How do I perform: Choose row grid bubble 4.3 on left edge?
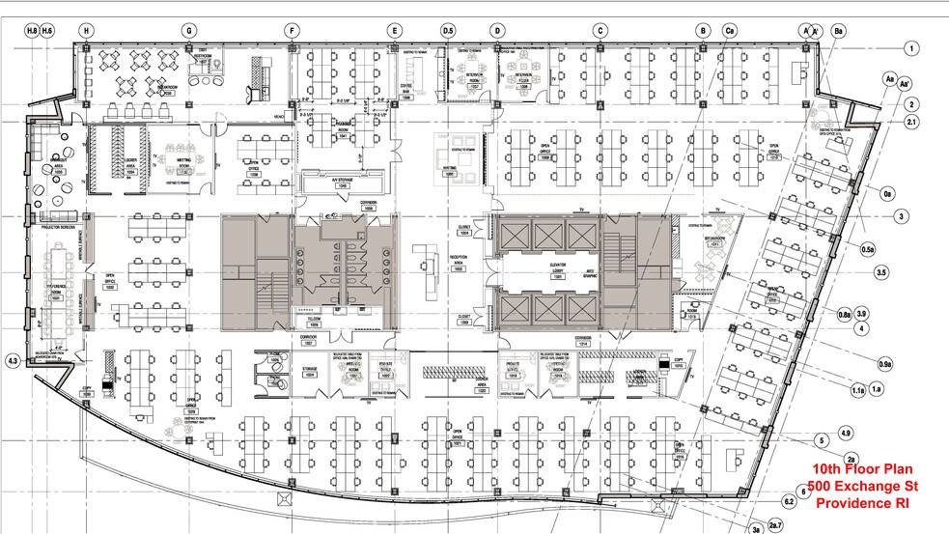tap(13, 361)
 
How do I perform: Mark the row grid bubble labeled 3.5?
tap(880, 273)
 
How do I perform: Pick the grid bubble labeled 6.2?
tap(789, 502)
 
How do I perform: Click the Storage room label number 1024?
tap(310, 370)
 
